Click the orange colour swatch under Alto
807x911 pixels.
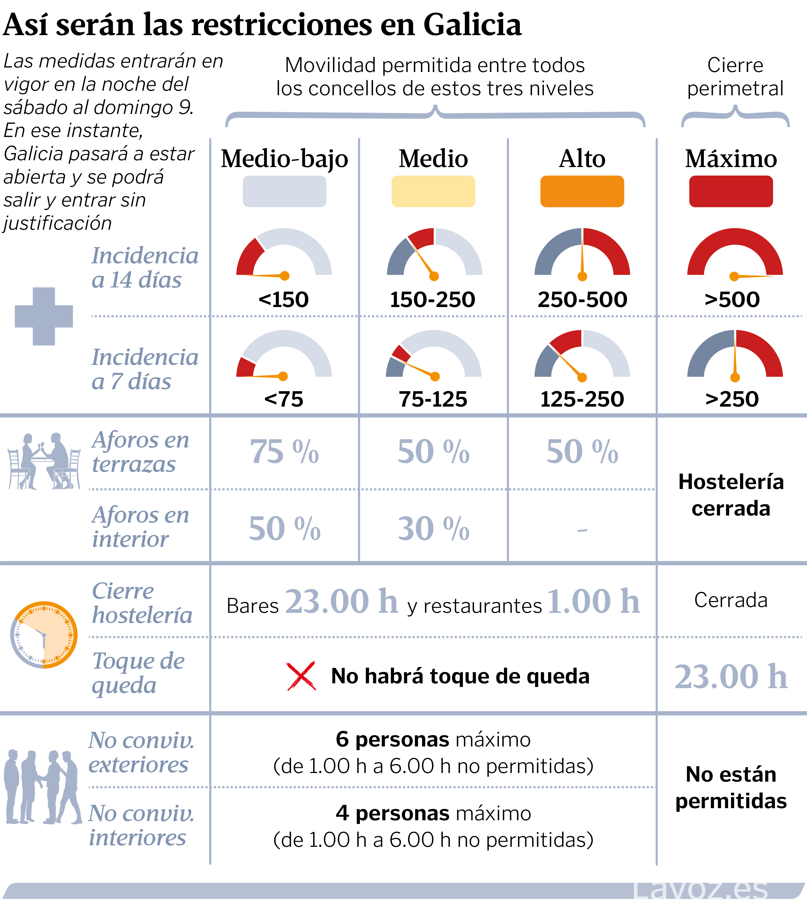tap(582, 191)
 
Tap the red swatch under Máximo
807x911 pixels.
tap(731, 191)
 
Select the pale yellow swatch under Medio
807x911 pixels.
tap(433, 191)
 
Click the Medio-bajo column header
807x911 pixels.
tap(284, 159)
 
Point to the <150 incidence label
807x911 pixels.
tap(284, 299)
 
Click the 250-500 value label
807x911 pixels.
tap(582, 299)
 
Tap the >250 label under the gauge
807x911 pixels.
tap(732, 399)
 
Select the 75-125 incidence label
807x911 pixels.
tap(433, 399)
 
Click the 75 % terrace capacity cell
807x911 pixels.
tap(284, 452)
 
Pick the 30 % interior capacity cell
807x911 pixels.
tap(433, 529)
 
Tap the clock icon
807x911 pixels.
tap(44, 635)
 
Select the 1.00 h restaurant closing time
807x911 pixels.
tap(593, 602)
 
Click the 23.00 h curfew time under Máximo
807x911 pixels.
tap(731, 676)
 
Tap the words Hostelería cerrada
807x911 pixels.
tap(731, 495)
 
